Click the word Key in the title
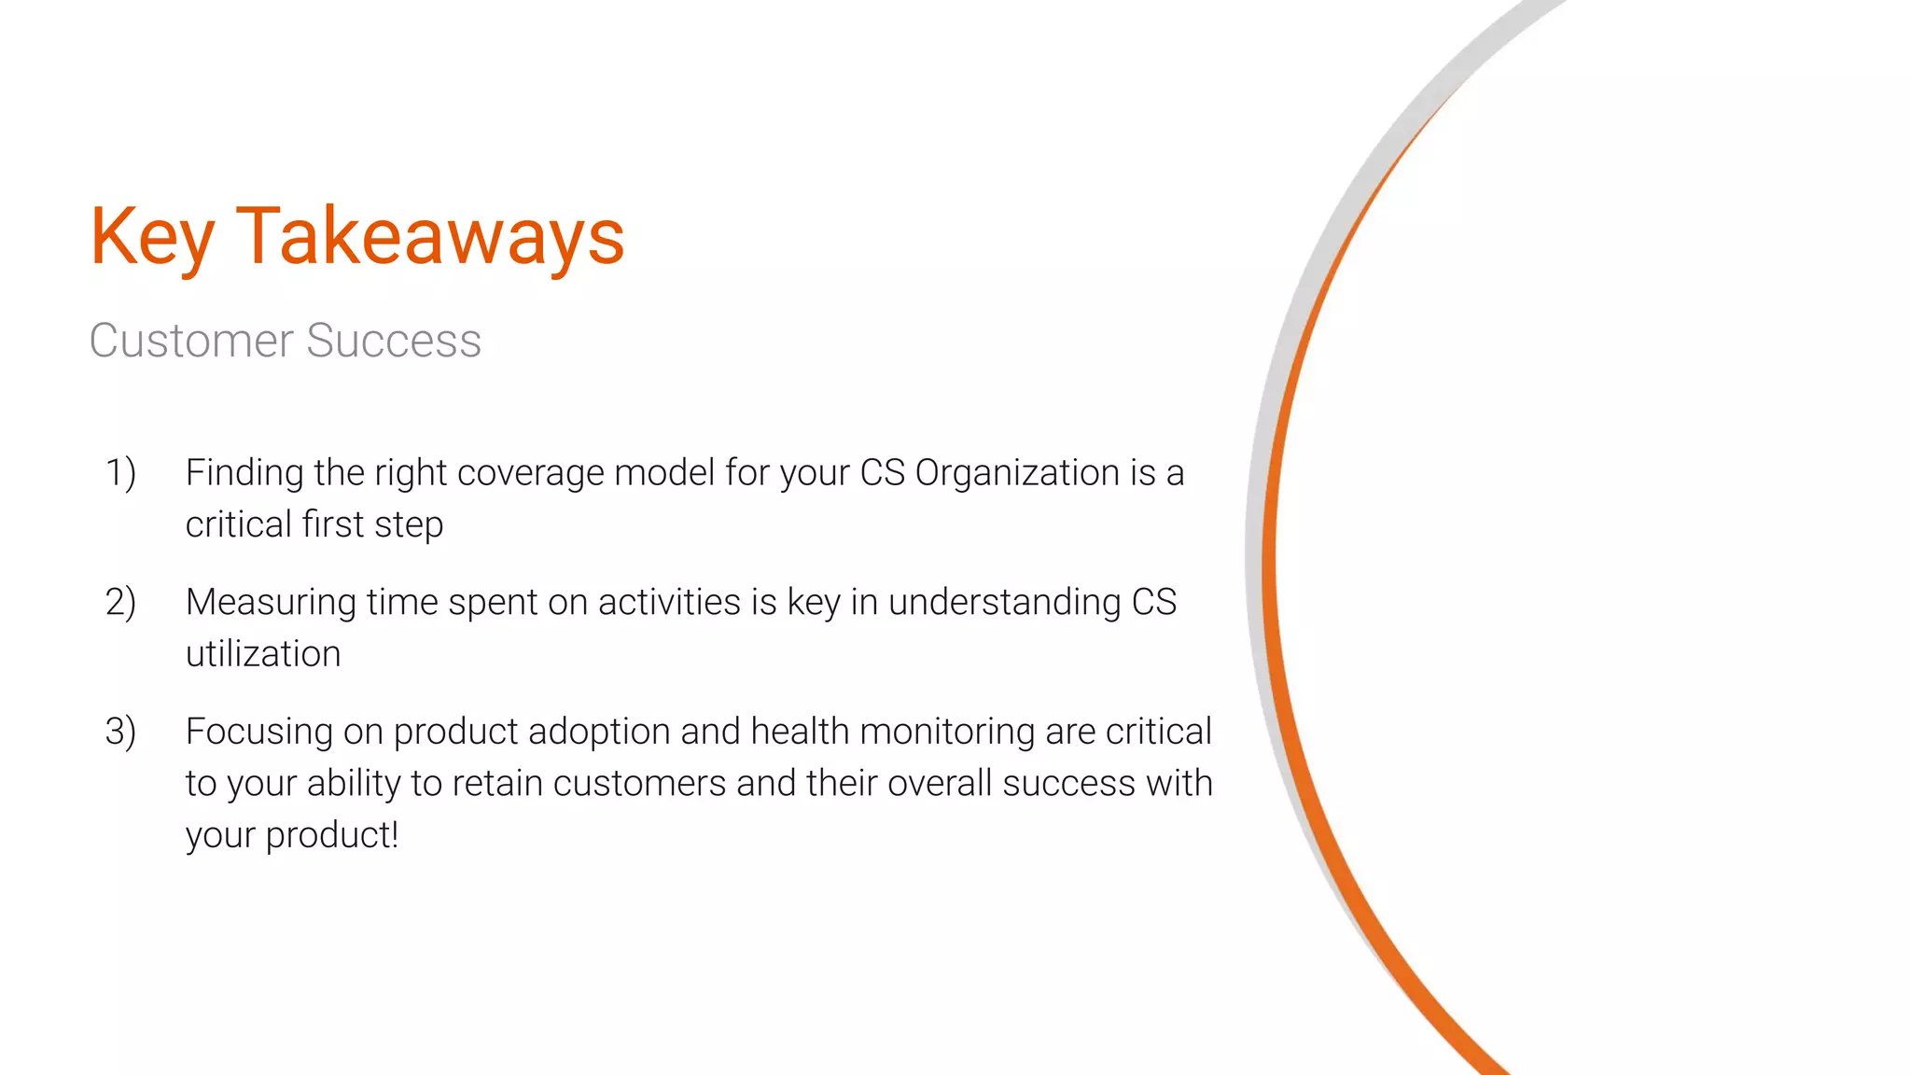tap(152, 237)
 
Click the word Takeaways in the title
tap(430, 237)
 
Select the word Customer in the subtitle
tap(191, 341)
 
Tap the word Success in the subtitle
tap(394, 341)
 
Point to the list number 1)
tap(120, 472)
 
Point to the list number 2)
tap(120, 602)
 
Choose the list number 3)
tap(120, 731)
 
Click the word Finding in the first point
tap(244, 472)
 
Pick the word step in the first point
tap(409, 525)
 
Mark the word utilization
tap(263, 653)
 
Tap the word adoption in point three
tap(599, 732)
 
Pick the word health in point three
tap(800, 731)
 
